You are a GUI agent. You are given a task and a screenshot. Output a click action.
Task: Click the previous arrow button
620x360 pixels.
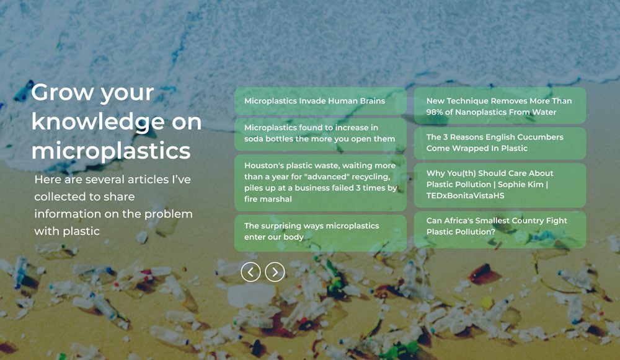click(250, 272)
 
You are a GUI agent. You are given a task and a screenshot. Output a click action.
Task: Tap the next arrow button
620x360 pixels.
click(275, 272)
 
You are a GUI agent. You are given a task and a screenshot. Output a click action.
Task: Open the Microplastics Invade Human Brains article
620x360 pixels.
click(321, 101)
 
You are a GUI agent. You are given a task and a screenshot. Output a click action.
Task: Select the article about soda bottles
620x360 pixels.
click(321, 134)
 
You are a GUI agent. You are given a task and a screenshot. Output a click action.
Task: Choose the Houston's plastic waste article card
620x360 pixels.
click(321, 183)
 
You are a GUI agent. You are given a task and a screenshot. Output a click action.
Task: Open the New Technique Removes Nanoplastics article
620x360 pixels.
click(500, 106)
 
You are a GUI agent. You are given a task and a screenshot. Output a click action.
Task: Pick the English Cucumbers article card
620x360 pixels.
click(500, 143)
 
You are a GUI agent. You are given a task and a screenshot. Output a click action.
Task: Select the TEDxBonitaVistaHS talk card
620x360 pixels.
click(500, 185)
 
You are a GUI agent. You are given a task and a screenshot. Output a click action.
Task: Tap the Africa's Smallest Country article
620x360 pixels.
click(500, 230)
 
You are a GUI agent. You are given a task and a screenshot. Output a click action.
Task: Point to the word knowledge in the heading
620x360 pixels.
click(98, 122)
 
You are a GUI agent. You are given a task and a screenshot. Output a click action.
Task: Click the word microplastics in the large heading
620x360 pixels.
click(111, 151)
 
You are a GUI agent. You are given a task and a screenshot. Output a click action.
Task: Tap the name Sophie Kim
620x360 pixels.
click(522, 185)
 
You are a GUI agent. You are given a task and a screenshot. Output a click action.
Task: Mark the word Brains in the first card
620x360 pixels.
click(373, 101)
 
